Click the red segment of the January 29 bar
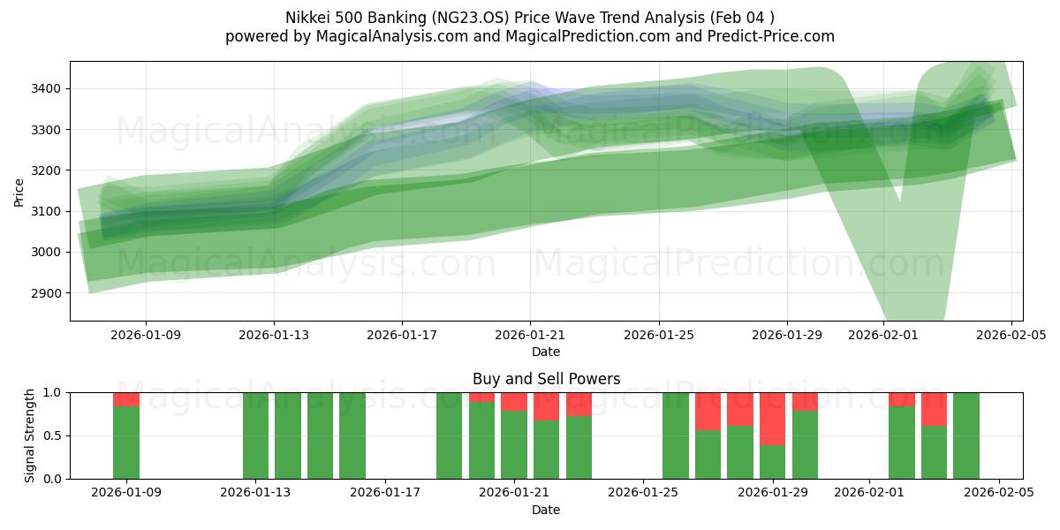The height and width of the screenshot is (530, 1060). click(x=773, y=419)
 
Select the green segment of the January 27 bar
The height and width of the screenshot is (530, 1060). click(x=708, y=454)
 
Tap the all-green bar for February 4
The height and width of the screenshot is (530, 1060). click(x=966, y=435)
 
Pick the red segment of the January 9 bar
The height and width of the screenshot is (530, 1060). click(x=126, y=399)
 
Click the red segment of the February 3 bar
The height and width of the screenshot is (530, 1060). click(x=934, y=409)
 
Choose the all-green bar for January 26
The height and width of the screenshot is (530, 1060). click(x=676, y=435)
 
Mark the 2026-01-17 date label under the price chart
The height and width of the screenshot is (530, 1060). click(x=402, y=336)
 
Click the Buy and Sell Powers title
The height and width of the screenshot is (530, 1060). click(x=546, y=379)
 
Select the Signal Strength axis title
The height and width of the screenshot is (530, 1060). click(x=30, y=435)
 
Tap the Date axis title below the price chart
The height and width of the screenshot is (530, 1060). click(x=546, y=352)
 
